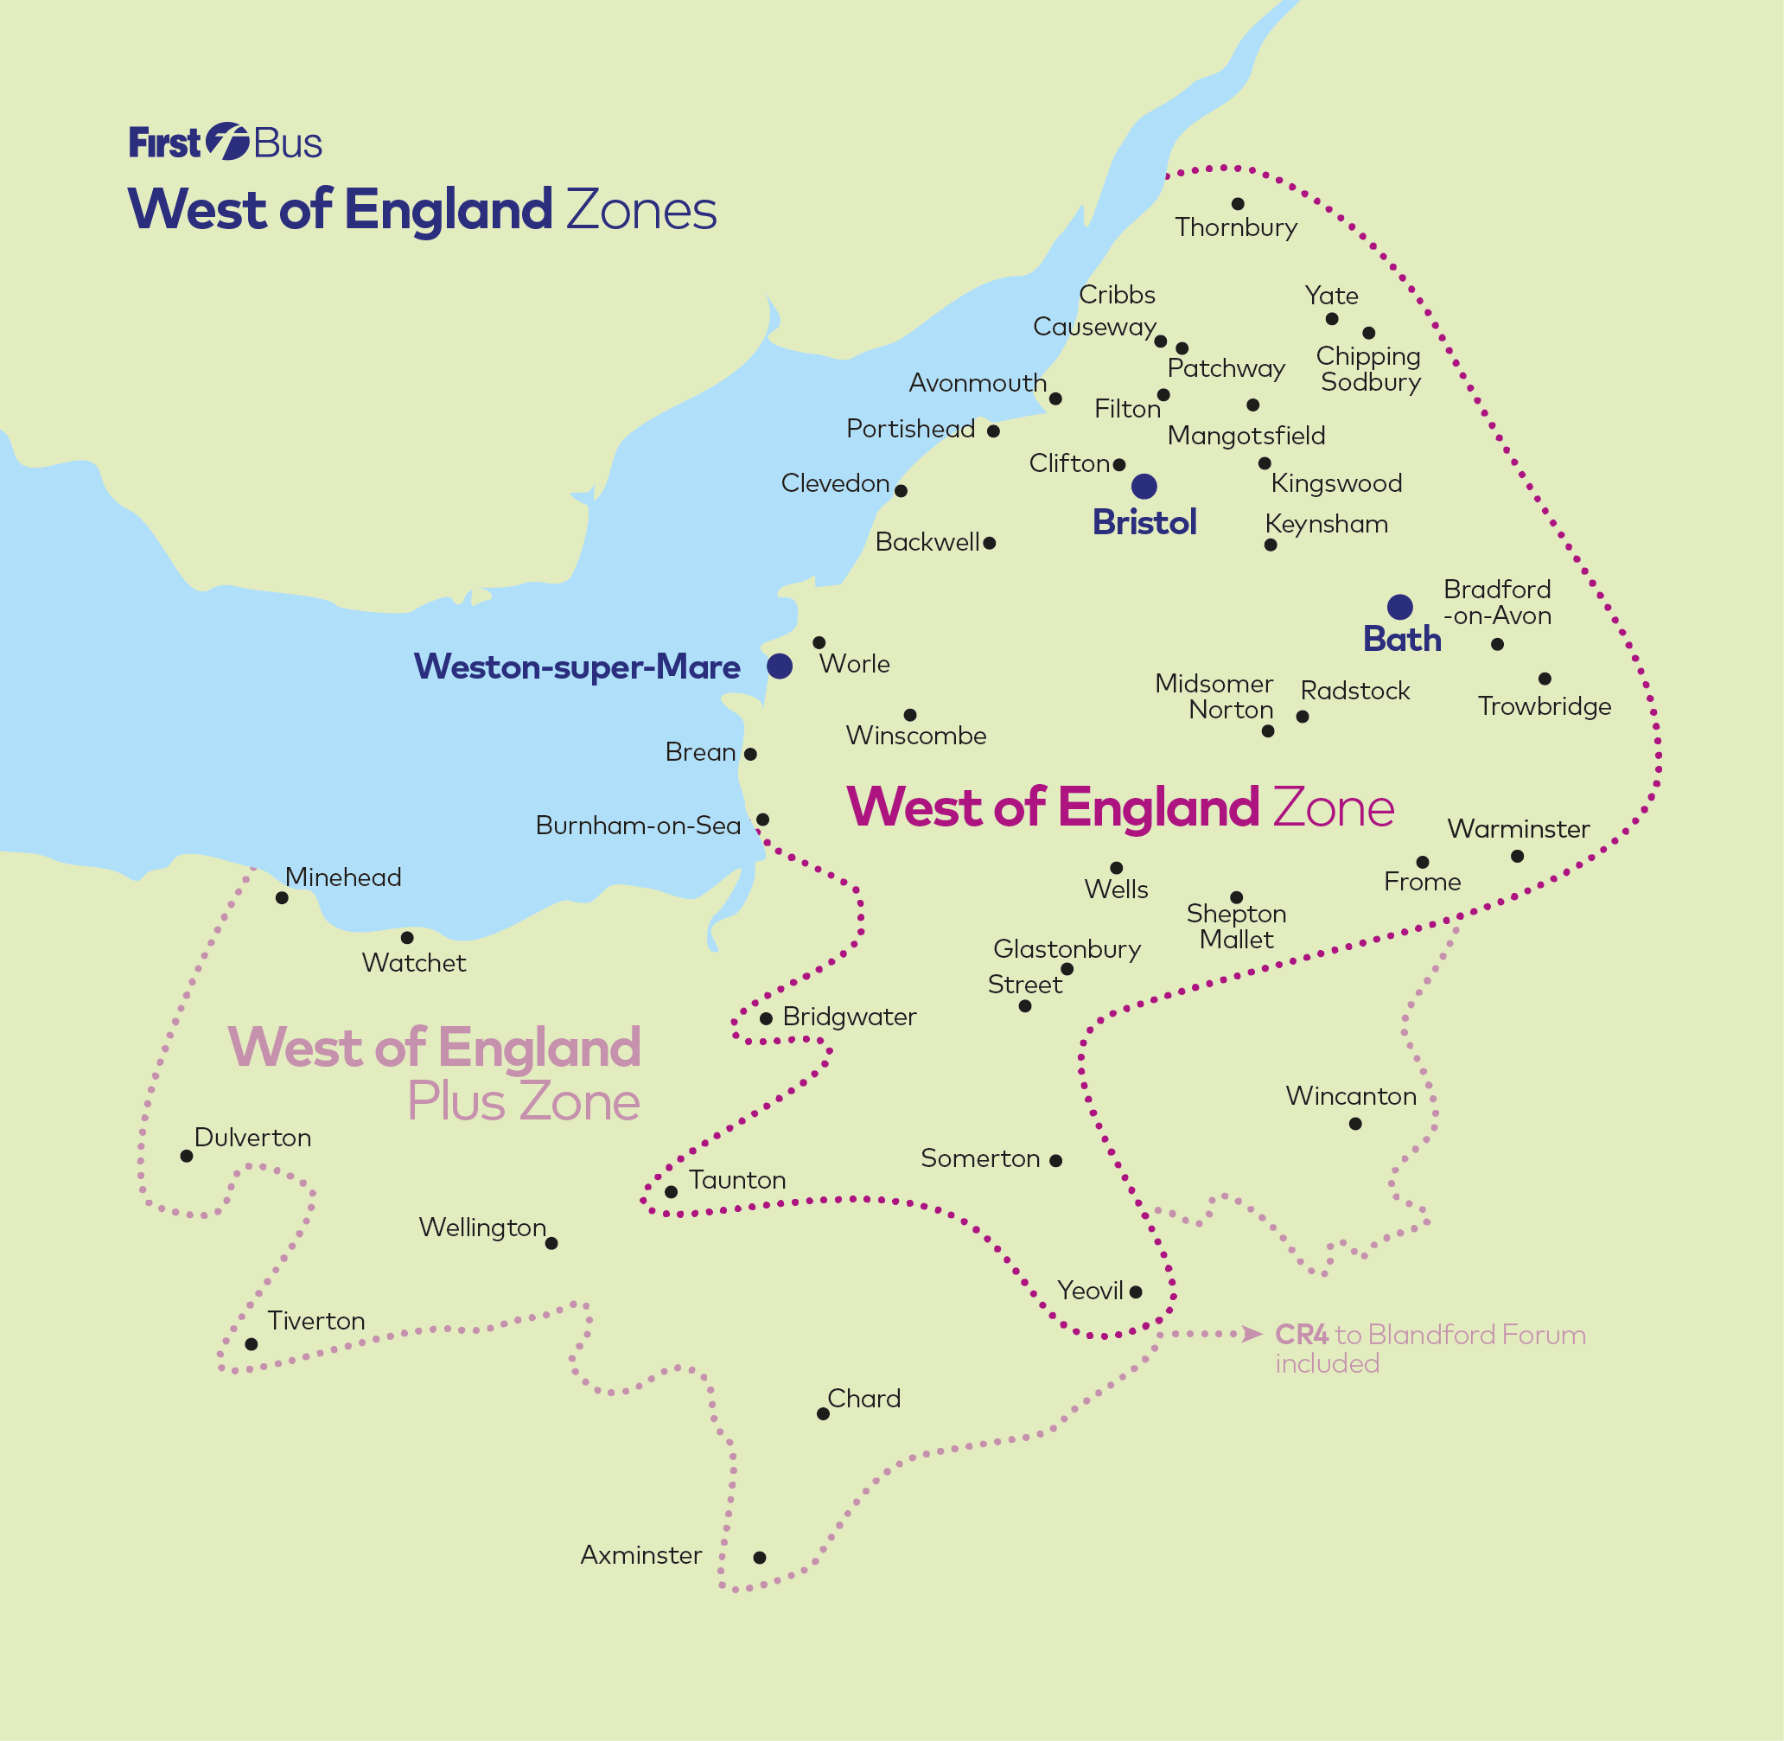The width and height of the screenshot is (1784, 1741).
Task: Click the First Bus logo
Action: coord(225,142)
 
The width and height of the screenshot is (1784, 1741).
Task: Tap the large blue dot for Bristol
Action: coord(1144,486)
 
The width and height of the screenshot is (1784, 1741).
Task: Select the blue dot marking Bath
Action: coord(1399,606)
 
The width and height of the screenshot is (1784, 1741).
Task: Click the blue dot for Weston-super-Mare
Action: coord(779,666)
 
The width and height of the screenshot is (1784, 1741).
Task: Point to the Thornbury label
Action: coord(1235,226)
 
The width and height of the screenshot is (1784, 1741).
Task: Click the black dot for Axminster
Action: coord(759,1557)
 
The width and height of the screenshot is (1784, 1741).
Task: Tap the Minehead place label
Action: coord(343,877)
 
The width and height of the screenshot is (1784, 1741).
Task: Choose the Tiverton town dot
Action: coord(252,1344)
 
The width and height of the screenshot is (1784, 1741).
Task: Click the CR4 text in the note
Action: coord(1301,1335)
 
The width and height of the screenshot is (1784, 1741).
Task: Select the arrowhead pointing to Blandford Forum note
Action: coord(1252,1334)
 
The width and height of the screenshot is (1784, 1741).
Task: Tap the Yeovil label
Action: coord(1090,1291)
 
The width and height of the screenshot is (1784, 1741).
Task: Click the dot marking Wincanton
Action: coord(1355,1124)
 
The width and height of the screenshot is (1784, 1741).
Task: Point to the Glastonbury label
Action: coord(1067,949)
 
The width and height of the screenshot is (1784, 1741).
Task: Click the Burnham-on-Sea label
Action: coord(637,825)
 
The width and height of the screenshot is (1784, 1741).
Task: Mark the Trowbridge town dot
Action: coord(1545,679)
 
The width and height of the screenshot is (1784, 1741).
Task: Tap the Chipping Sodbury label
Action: coord(1369,368)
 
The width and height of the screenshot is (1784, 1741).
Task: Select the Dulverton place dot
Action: coord(187,1156)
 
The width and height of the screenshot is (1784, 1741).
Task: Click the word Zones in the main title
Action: coord(641,209)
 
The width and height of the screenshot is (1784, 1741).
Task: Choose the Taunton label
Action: coord(737,1180)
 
